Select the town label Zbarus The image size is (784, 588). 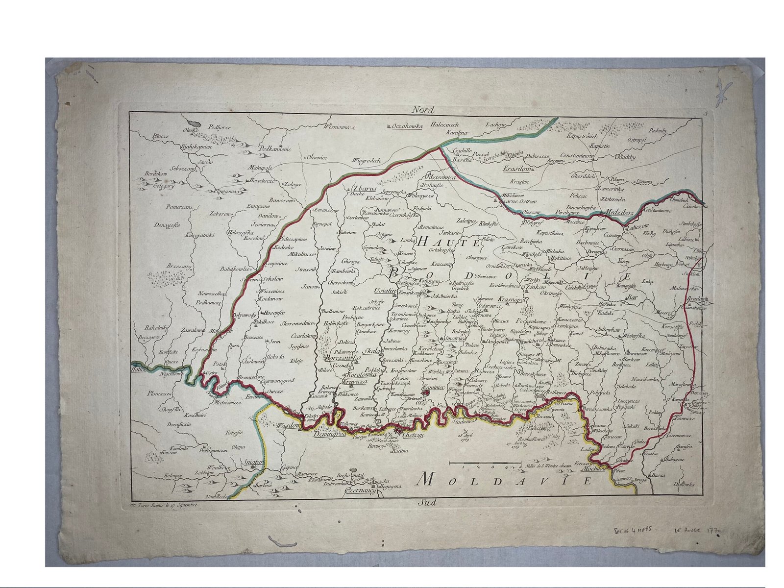click(x=364, y=188)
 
